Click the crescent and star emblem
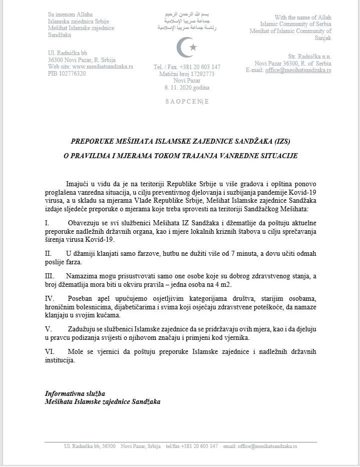(186, 47)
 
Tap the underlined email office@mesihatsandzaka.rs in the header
(298, 70)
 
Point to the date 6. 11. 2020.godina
(187, 88)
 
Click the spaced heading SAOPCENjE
(187, 102)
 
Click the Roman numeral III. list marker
(49, 276)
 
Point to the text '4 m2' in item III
(223, 284)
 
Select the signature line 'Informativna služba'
(75, 394)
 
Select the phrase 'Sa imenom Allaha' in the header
(70, 15)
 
